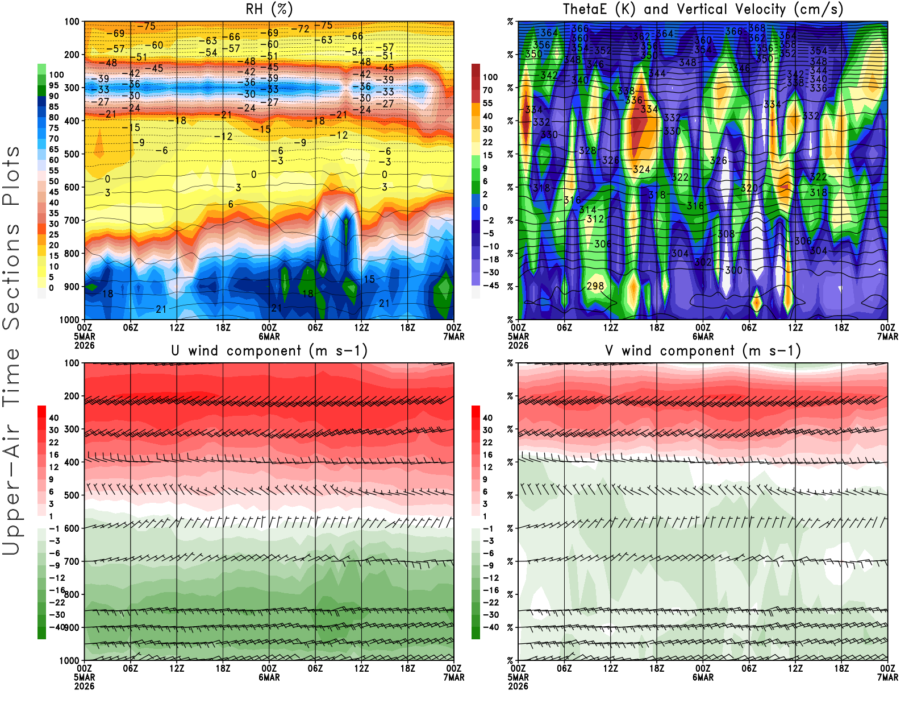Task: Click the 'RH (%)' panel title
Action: (269, 9)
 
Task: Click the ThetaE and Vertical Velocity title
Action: (703, 9)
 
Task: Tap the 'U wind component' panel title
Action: (269, 350)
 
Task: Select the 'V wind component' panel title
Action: (703, 350)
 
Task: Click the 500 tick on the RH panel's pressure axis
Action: (72, 154)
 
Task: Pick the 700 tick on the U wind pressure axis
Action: (72, 561)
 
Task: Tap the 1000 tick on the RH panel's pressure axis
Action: (69, 320)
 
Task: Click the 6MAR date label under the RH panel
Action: (269, 337)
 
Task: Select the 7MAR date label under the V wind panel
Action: (887, 677)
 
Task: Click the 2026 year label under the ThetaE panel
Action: (518, 345)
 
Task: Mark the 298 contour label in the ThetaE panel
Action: (595, 286)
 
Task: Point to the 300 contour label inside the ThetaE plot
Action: (733, 270)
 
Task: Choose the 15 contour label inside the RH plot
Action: (369, 279)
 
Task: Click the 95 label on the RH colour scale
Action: (54, 85)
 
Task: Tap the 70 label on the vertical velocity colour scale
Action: (487, 90)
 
